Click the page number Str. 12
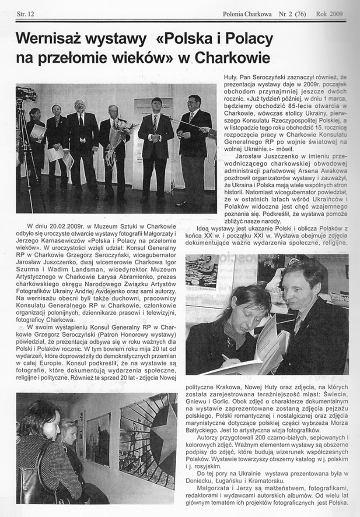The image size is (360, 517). point(25,14)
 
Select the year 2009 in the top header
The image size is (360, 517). point(334,14)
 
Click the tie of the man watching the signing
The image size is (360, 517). point(297,324)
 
